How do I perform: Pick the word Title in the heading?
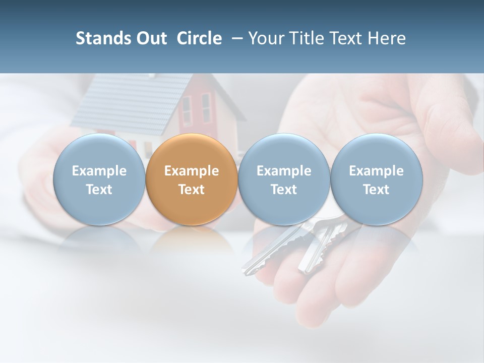[307, 39]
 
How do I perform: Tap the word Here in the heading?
[387, 39]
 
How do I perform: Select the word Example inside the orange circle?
[192, 171]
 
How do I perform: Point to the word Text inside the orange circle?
[192, 190]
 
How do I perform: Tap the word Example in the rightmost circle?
[377, 171]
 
